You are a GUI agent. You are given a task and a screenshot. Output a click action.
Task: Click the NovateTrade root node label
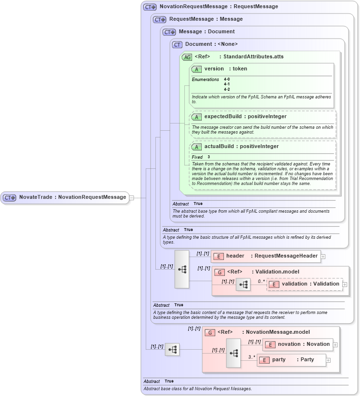72,197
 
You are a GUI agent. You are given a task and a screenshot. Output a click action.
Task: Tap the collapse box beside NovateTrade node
132,197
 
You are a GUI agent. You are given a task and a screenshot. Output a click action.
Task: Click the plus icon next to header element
323,257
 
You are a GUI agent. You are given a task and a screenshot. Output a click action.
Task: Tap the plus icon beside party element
328,360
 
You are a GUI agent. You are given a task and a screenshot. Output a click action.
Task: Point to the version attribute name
214,69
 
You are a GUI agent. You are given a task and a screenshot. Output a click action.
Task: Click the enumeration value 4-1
227,84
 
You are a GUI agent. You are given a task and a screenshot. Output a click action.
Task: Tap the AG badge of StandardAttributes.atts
187,57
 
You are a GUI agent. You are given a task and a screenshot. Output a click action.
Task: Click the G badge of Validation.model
219,272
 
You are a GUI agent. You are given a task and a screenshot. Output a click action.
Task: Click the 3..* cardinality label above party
252,357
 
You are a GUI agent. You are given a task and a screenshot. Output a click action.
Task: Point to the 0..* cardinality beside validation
261,281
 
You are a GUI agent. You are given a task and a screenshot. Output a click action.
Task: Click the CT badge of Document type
177,44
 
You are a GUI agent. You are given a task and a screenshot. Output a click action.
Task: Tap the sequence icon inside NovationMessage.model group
234,353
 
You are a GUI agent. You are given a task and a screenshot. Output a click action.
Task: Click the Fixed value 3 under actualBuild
209,157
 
